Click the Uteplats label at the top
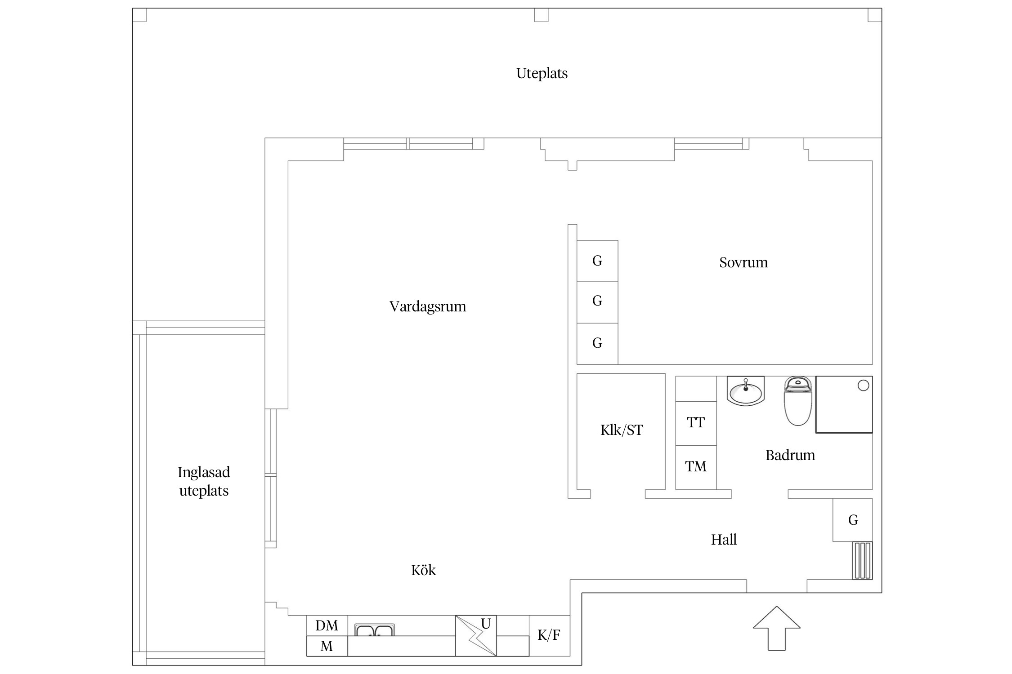[542, 73]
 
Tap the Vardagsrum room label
[427, 306]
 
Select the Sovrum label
[743, 262]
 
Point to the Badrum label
[790, 455]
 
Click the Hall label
[723, 539]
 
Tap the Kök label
[423, 570]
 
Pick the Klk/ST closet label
[622, 430]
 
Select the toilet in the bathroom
[797, 402]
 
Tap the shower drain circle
[863, 386]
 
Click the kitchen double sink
[374, 630]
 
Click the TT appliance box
[695, 423]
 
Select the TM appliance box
[695, 467]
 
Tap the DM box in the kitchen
[327, 625]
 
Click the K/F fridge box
[549, 635]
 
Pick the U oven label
[485, 624]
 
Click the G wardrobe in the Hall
[852, 520]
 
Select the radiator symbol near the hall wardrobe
[862, 560]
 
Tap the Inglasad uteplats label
[204, 481]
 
